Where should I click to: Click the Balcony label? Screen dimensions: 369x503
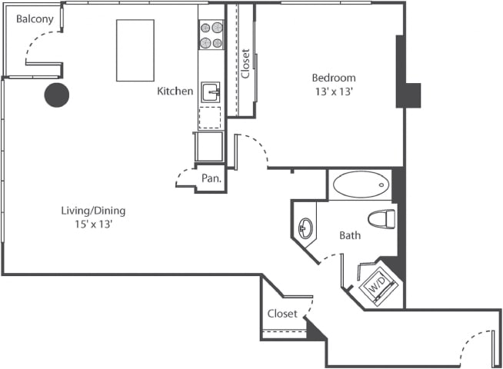35,18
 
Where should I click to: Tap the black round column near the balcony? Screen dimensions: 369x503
57,95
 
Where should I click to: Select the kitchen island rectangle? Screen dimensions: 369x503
135,50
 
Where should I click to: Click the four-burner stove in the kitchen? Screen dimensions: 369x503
211,35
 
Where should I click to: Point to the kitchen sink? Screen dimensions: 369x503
210,92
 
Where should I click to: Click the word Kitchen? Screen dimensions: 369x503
175,91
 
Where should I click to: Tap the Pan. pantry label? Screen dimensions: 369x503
212,178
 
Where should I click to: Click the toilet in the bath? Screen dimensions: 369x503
381,219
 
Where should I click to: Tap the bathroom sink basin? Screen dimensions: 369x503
305,228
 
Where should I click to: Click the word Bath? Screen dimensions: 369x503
350,235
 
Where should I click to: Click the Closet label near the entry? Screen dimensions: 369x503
282,314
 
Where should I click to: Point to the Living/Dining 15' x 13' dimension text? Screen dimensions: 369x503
93,224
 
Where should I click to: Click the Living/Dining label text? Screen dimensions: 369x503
93,211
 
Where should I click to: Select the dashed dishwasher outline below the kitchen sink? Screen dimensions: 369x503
210,118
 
